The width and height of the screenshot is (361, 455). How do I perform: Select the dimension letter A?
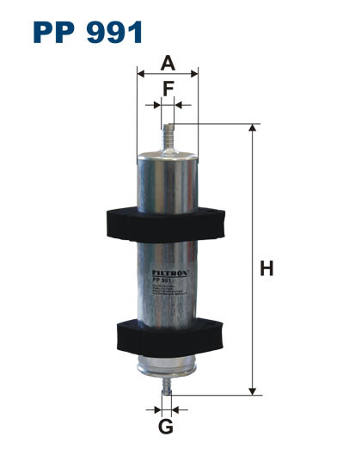(x=168, y=62)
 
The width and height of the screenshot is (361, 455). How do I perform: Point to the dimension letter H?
(x=267, y=268)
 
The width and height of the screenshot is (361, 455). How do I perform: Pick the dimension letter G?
(x=167, y=426)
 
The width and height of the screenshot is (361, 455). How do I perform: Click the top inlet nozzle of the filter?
(x=168, y=136)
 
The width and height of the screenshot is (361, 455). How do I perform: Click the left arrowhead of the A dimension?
(x=141, y=75)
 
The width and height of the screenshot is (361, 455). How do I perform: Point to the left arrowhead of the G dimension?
(x=156, y=407)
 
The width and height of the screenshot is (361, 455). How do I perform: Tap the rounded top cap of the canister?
(x=168, y=156)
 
